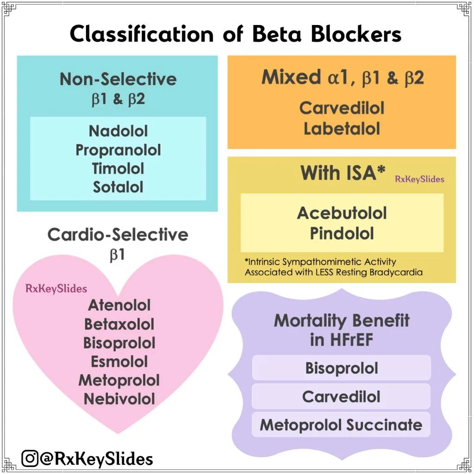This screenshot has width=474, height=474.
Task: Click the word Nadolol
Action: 118,131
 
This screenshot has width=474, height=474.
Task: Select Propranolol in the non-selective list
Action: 118,150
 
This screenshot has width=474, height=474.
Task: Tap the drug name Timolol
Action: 118,168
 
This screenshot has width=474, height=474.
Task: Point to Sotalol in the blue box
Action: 118,187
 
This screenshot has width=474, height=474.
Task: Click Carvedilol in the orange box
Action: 342,108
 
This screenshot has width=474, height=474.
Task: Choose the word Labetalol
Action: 342,129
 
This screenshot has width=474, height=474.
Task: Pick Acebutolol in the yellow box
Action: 342,213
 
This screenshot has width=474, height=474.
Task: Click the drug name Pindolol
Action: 342,233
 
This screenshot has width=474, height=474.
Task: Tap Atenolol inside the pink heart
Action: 119,305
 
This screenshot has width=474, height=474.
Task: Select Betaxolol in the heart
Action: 119,324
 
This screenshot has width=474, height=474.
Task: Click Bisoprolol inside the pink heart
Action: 119,343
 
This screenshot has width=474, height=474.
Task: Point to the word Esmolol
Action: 119,362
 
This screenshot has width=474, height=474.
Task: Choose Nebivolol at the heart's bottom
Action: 119,399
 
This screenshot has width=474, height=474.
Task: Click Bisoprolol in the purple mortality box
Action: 342,368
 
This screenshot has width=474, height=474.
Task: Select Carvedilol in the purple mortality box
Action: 342,397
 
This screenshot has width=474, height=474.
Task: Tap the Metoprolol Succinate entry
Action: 341,425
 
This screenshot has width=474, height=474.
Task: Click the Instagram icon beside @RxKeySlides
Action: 30,459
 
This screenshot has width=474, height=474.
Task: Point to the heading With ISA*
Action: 343,173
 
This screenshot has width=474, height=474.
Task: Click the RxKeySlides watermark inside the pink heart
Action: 56,289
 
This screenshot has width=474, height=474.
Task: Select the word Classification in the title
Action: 142,34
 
